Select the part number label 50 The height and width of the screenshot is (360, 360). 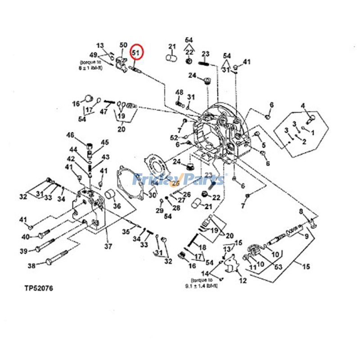pyautogui.click(x=123, y=45)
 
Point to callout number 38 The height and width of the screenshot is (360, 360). pyautogui.click(x=31, y=266)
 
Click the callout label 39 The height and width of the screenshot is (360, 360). pyautogui.click(x=23, y=251)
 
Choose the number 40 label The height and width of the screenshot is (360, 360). pyautogui.click(x=26, y=237)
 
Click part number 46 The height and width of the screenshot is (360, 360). pyautogui.click(x=70, y=135)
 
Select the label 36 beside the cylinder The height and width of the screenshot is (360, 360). pyautogui.click(x=117, y=207)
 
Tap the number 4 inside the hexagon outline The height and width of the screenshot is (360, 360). pyautogui.click(x=303, y=106)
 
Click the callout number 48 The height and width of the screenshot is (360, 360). pyautogui.click(x=179, y=92)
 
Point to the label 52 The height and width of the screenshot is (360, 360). pyautogui.click(x=174, y=137)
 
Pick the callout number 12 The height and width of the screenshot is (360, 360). pyautogui.click(x=243, y=281)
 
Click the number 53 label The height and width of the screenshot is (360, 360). pyautogui.click(x=278, y=267)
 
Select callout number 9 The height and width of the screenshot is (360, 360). pyautogui.click(x=306, y=235)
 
